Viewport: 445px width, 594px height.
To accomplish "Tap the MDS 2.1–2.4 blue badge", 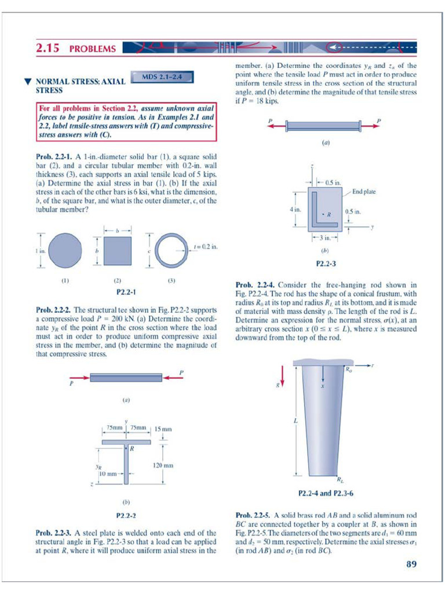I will pyautogui.click(x=163, y=76).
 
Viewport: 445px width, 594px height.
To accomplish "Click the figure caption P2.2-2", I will pyautogui.click(x=126, y=515).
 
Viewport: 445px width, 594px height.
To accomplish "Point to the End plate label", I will pyautogui.click(x=364, y=191).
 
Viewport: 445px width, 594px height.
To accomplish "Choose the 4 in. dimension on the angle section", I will pyautogui.click(x=295, y=209).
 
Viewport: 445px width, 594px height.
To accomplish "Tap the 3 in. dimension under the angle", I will pyautogui.click(x=324, y=237).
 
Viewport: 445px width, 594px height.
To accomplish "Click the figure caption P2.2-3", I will pyautogui.click(x=326, y=263).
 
